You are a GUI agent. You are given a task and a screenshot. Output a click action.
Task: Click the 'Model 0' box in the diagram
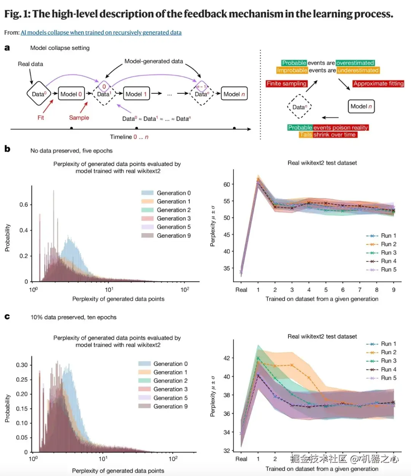tap(71, 94)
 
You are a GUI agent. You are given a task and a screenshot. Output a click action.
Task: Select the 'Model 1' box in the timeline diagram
tap(136, 94)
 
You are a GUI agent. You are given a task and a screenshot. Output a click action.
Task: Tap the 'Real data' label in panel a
tap(30, 64)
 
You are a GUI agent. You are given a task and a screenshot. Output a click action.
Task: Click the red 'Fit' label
tap(41, 118)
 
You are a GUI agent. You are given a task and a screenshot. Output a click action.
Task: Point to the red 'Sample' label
tap(79, 118)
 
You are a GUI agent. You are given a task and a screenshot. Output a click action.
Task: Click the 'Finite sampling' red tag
tap(287, 84)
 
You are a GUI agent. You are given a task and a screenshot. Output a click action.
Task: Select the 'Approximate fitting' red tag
tap(378, 84)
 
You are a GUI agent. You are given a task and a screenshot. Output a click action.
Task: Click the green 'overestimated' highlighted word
tap(355, 63)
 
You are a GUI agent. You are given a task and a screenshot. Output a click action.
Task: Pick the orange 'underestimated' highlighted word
tap(358, 70)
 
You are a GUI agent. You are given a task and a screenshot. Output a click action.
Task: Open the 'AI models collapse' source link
tap(101, 33)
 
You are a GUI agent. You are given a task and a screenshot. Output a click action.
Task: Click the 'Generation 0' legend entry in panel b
tap(174, 193)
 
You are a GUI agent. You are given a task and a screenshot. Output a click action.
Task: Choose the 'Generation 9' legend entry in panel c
tap(170, 406)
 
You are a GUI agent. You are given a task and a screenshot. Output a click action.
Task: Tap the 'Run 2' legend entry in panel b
tap(388, 244)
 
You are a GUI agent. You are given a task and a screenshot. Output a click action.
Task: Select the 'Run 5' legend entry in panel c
tap(388, 378)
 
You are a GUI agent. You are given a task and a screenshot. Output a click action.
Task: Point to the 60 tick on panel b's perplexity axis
tap(226, 185)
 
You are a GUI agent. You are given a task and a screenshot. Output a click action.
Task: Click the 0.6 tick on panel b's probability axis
tap(24, 205)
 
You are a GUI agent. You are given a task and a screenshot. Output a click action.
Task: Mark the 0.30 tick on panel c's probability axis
tap(22, 365)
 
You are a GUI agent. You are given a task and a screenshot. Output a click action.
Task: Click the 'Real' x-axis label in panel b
tap(241, 290)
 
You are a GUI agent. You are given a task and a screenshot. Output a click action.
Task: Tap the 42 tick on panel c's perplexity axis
tap(226, 358)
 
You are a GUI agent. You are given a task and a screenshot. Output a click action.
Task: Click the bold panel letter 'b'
tap(7, 149)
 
